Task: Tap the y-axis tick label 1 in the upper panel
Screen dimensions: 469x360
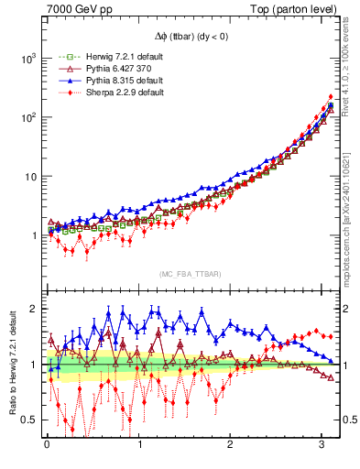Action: (35, 235)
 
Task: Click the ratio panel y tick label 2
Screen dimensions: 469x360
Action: (35, 309)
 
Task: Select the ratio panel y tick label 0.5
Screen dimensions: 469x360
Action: (30, 420)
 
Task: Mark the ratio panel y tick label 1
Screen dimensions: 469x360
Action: (35, 365)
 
